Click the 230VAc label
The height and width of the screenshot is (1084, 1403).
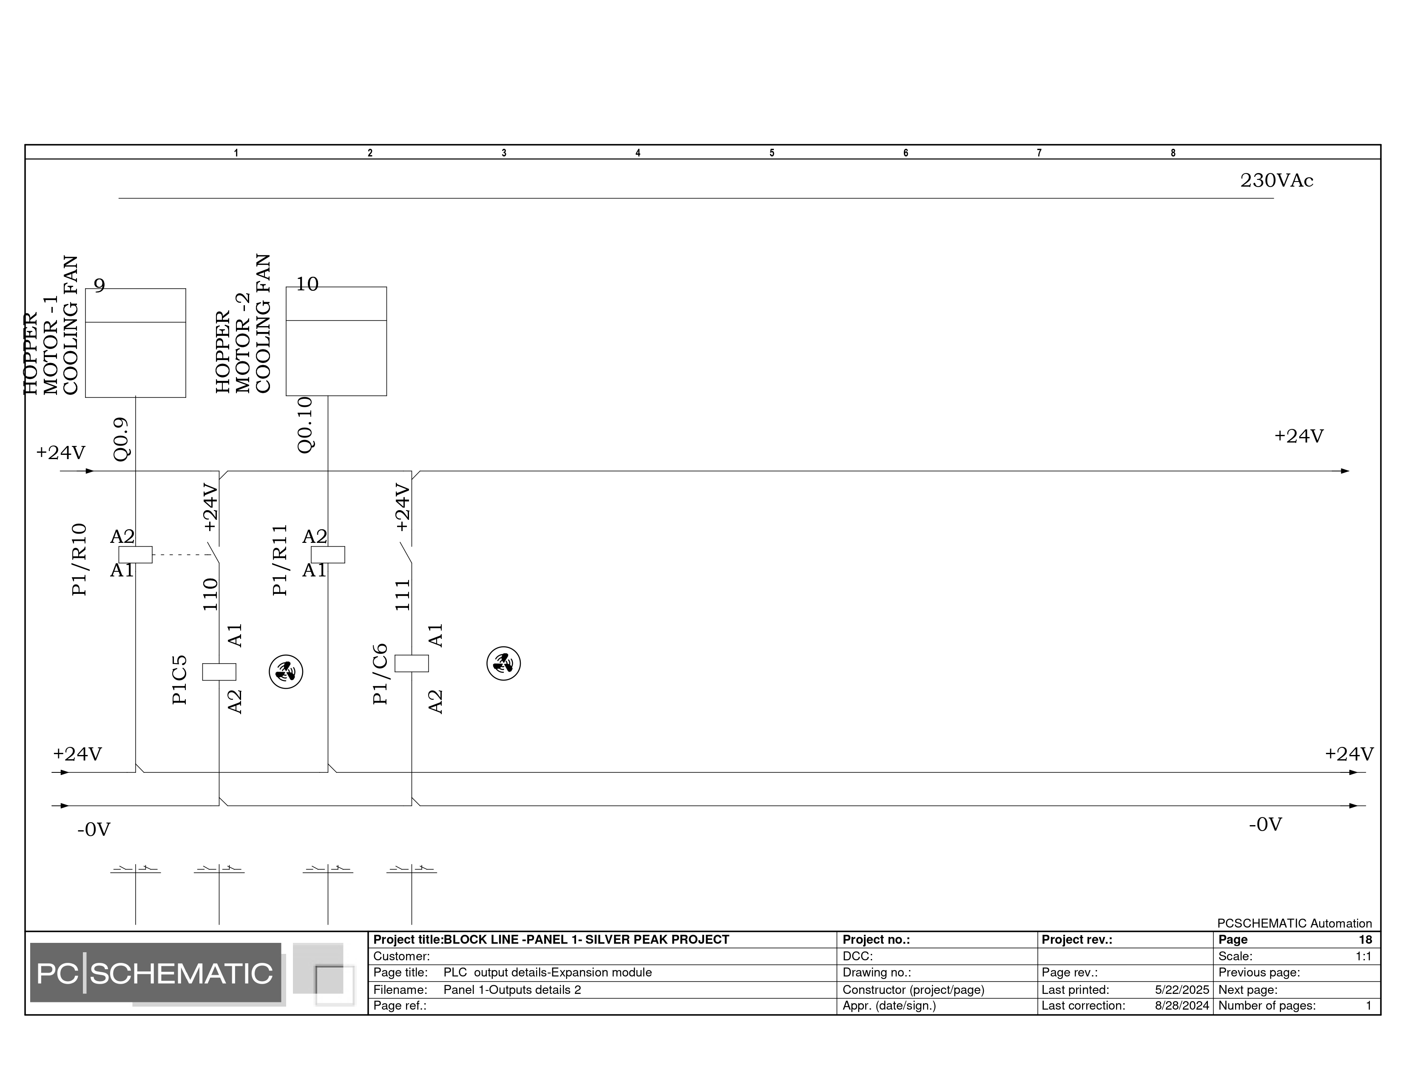[1276, 180]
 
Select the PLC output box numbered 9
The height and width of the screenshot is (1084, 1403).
[136, 343]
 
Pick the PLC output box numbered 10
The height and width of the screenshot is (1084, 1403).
[336, 341]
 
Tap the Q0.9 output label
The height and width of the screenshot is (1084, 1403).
[122, 439]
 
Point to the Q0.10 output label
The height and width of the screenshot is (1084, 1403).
[305, 425]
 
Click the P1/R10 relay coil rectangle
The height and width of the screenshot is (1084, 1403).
[136, 554]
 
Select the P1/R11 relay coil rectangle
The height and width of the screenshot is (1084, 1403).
[328, 554]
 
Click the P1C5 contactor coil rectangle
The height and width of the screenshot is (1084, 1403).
[219, 672]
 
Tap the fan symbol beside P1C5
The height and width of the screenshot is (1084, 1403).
[286, 672]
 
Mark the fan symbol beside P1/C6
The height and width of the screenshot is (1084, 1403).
[504, 664]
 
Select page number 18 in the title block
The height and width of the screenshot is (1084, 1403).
[1365, 939]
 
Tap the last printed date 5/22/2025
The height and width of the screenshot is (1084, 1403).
[1182, 990]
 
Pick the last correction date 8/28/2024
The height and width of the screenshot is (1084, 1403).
[1182, 1006]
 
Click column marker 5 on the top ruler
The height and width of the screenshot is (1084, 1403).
[772, 153]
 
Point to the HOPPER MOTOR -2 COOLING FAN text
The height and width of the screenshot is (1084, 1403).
[243, 323]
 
